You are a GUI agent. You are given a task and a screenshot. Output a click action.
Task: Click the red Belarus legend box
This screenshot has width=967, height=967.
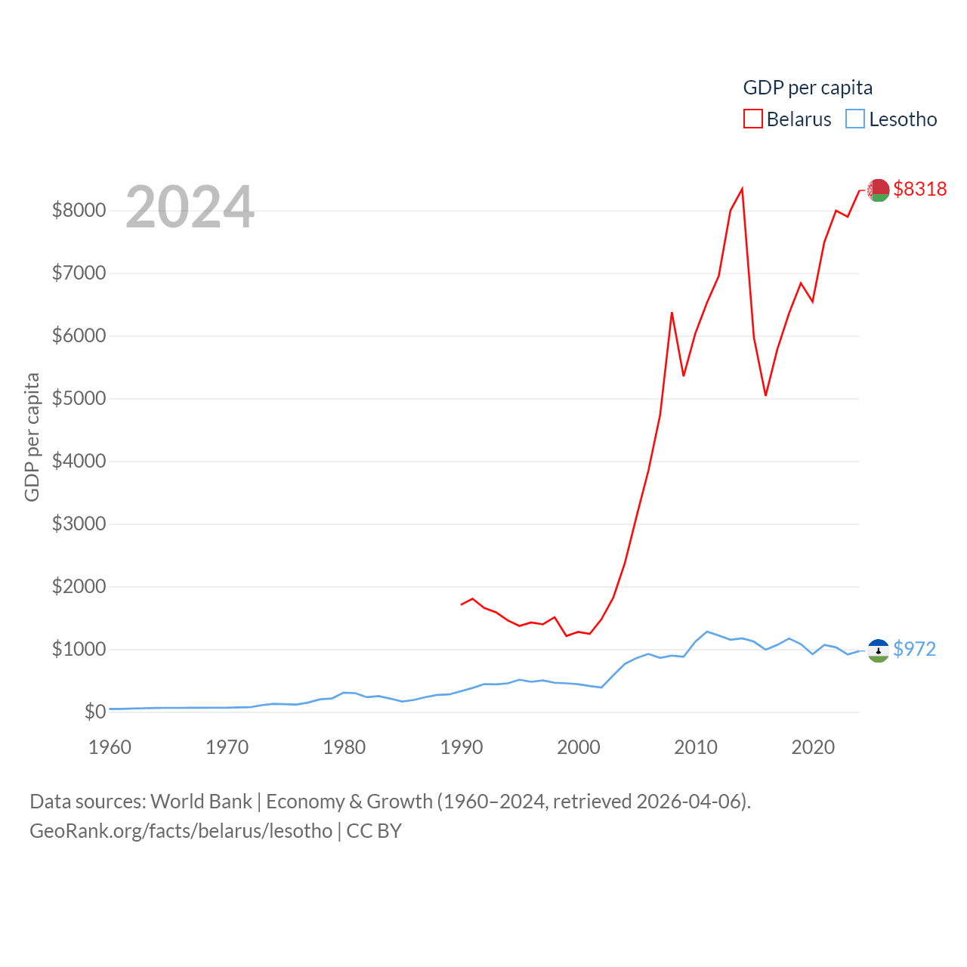(x=752, y=119)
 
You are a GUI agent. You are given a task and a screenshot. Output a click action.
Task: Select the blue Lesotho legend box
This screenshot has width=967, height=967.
(x=855, y=119)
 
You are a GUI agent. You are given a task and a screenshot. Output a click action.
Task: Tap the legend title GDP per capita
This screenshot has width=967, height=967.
(x=808, y=88)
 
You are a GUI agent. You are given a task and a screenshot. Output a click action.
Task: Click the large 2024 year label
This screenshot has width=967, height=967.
(x=190, y=207)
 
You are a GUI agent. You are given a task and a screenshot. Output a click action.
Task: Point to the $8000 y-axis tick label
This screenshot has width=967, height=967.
(x=79, y=210)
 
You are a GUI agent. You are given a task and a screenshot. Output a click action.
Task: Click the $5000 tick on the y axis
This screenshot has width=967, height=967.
(x=79, y=398)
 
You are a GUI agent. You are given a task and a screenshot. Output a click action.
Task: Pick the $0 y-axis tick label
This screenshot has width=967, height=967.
(x=95, y=712)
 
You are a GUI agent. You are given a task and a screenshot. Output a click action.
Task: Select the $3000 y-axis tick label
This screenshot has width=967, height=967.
(x=79, y=524)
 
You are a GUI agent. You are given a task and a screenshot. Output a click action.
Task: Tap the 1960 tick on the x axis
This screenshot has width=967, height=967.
(x=110, y=747)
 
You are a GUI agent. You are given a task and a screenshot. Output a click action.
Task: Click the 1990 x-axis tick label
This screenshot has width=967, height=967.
(x=462, y=747)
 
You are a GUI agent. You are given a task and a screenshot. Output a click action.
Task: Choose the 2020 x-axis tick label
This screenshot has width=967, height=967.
(x=813, y=747)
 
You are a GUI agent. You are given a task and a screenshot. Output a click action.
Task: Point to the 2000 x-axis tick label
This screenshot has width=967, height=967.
(x=579, y=747)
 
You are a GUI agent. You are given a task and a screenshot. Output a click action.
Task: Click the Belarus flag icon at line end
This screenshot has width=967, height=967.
(x=878, y=190)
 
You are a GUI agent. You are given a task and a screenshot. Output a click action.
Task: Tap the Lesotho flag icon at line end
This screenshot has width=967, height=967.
(x=878, y=650)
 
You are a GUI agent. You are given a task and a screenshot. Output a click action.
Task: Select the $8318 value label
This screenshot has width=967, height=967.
(x=919, y=189)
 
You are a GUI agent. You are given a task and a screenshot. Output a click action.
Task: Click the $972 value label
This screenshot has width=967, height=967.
(x=914, y=649)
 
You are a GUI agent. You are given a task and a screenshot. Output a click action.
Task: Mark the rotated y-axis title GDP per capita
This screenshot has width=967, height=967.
(x=32, y=437)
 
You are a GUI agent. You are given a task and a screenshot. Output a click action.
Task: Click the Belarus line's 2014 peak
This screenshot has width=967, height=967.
(x=742, y=189)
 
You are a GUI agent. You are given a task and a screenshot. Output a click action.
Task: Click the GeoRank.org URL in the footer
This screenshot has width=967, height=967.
(x=181, y=831)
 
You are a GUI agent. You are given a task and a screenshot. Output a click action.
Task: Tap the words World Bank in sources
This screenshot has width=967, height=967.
(x=202, y=801)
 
